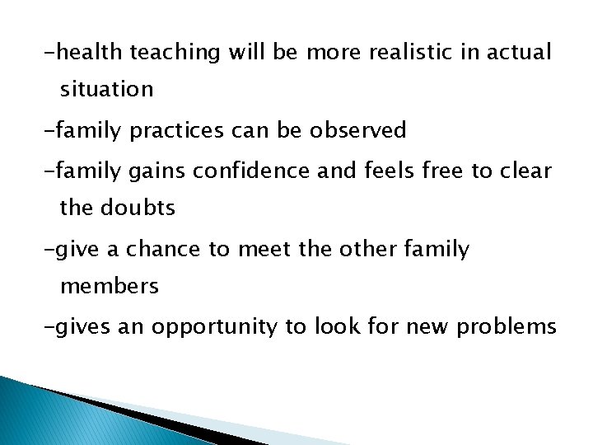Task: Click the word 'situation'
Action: tap(106, 90)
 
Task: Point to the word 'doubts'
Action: tap(138, 208)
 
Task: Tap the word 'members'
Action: tap(110, 286)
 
